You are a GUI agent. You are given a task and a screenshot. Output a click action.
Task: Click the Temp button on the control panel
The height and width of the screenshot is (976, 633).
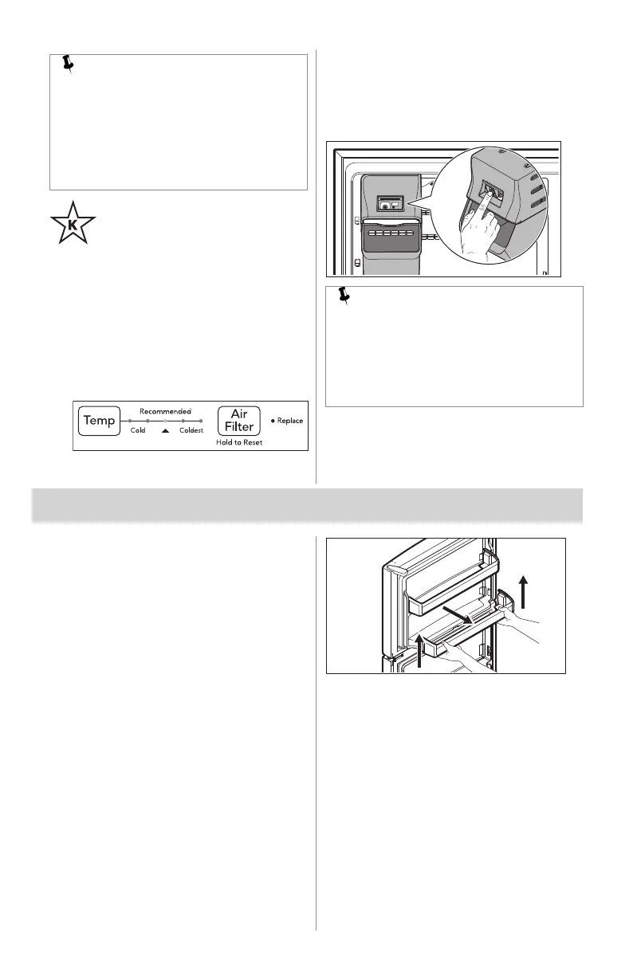pos(99,420)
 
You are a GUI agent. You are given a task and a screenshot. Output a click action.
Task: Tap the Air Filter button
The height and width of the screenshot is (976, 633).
pos(239,420)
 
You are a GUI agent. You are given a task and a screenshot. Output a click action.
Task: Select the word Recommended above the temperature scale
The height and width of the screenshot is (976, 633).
pos(165,410)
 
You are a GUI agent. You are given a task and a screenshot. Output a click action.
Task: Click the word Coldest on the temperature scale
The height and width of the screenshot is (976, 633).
pos(191,430)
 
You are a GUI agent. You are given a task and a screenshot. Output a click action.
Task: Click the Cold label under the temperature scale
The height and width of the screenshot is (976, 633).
pos(138,430)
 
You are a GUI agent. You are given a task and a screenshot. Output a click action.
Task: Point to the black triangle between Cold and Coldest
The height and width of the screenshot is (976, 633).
pos(165,430)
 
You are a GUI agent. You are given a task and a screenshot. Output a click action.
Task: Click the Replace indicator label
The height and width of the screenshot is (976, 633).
pos(289,421)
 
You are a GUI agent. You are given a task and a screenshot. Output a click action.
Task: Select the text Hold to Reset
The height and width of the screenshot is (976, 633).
pos(239,441)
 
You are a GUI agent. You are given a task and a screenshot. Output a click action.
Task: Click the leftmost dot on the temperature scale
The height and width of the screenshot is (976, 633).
pos(130,420)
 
